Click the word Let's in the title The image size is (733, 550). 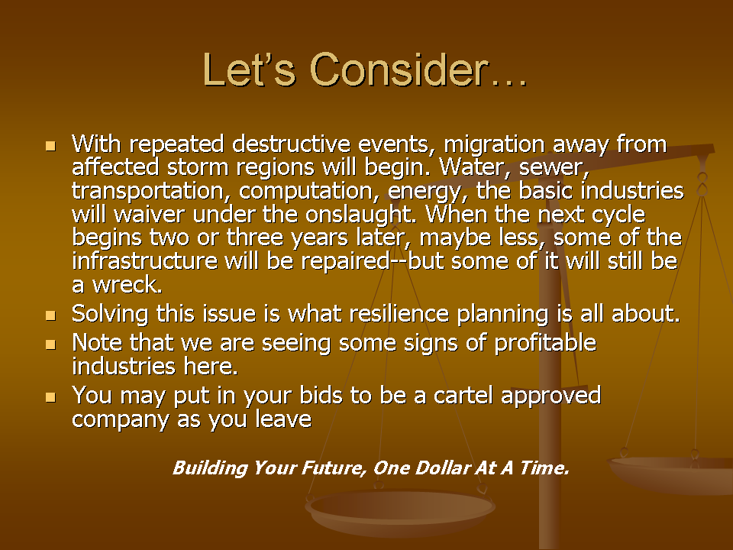[x=249, y=70]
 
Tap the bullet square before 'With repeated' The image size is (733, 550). [x=50, y=146]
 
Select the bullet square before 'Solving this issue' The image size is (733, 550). [x=50, y=315]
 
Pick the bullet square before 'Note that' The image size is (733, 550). [x=50, y=345]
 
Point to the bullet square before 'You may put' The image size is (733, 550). [x=50, y=397]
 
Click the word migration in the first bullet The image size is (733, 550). [x=494, y=145]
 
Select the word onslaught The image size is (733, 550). [x=361, y=215]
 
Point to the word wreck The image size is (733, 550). [x=128, y=285]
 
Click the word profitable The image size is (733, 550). [x=545, y=344]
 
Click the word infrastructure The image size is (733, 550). [x=145, y=261]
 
